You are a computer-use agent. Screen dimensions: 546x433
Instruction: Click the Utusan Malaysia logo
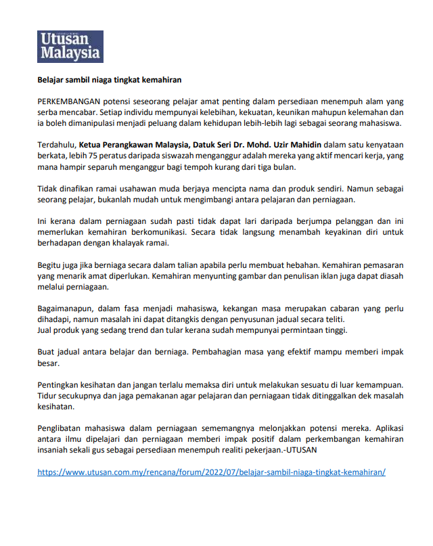[x=70, y=46]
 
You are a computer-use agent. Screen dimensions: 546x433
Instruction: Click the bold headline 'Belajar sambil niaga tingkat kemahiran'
[x=110, y=80]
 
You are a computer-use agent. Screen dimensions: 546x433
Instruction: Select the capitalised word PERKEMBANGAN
[x=68, y=100]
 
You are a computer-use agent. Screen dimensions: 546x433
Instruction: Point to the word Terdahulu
[x=56, y=144]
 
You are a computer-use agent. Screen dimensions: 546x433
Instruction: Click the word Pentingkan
[x=58, y=384]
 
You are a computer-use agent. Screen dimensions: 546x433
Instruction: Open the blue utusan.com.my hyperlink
[x=211, y=472]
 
